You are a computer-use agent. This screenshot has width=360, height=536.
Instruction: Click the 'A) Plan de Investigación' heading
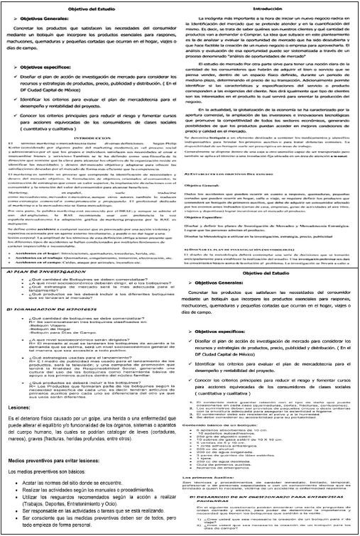(43, 272)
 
